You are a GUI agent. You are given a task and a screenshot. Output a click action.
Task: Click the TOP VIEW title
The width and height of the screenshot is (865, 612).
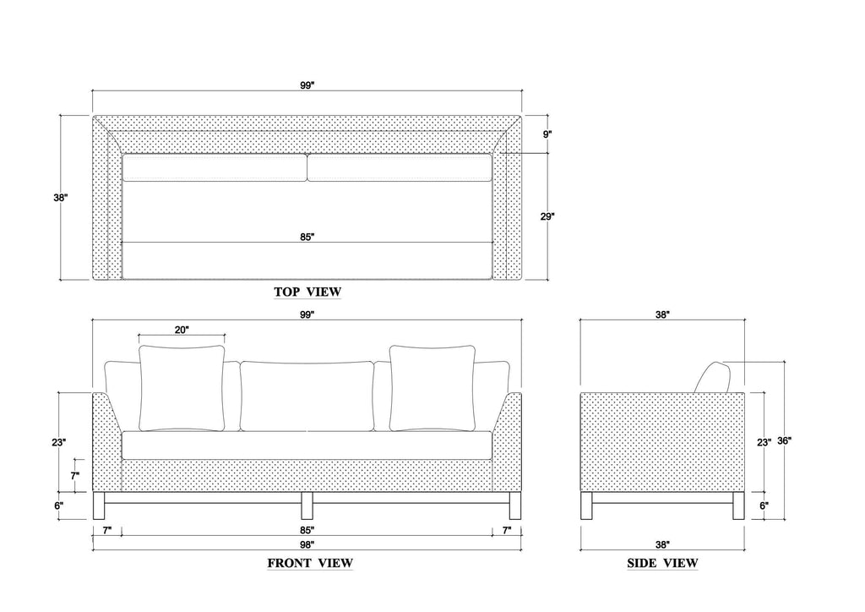[x=307, y=292]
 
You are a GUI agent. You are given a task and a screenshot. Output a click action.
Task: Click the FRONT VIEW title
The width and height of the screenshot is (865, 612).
[x=310, y=564]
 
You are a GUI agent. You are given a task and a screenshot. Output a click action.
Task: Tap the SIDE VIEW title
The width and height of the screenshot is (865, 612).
[x=662, y=564]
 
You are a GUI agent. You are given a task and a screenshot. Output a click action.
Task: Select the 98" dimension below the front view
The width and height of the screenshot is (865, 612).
[x=307, y=544]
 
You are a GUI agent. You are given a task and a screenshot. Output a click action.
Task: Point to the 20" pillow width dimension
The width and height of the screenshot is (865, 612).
[x=182, y=330]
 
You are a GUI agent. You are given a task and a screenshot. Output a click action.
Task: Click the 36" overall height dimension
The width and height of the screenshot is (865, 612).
[x=785, y=441]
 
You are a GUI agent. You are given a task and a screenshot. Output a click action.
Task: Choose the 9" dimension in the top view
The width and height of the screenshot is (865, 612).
[x=547, y=134]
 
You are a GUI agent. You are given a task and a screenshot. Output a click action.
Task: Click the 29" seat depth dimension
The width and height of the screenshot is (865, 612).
[x=547, y=217]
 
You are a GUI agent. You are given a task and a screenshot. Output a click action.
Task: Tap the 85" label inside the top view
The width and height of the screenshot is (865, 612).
[x=307, y=238]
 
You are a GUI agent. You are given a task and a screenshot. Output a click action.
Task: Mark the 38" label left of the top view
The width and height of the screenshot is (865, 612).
[x=61, y=198]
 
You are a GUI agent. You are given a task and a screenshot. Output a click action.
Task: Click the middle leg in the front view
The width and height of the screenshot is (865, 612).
[x=307, y=506]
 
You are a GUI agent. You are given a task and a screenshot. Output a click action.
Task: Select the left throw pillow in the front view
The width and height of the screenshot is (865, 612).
[x=182, y=389]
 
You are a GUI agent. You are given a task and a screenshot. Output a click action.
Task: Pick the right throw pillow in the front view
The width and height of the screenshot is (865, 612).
[x=432, y=389]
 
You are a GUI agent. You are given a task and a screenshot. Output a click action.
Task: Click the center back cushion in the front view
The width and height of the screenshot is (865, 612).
[x=307, y=396]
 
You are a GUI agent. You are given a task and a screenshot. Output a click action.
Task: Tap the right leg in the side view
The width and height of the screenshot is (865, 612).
[x=738, y=506]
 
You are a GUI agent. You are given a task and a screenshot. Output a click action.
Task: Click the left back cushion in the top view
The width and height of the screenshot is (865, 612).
[x=214, y=167]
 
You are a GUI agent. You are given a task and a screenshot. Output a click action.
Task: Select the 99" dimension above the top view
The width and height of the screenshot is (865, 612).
[x=307, y=85]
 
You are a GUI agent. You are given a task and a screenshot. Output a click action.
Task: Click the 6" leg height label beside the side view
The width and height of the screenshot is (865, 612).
[x=764, y=505]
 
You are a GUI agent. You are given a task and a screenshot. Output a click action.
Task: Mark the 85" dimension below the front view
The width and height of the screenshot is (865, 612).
[x=307, y=530]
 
